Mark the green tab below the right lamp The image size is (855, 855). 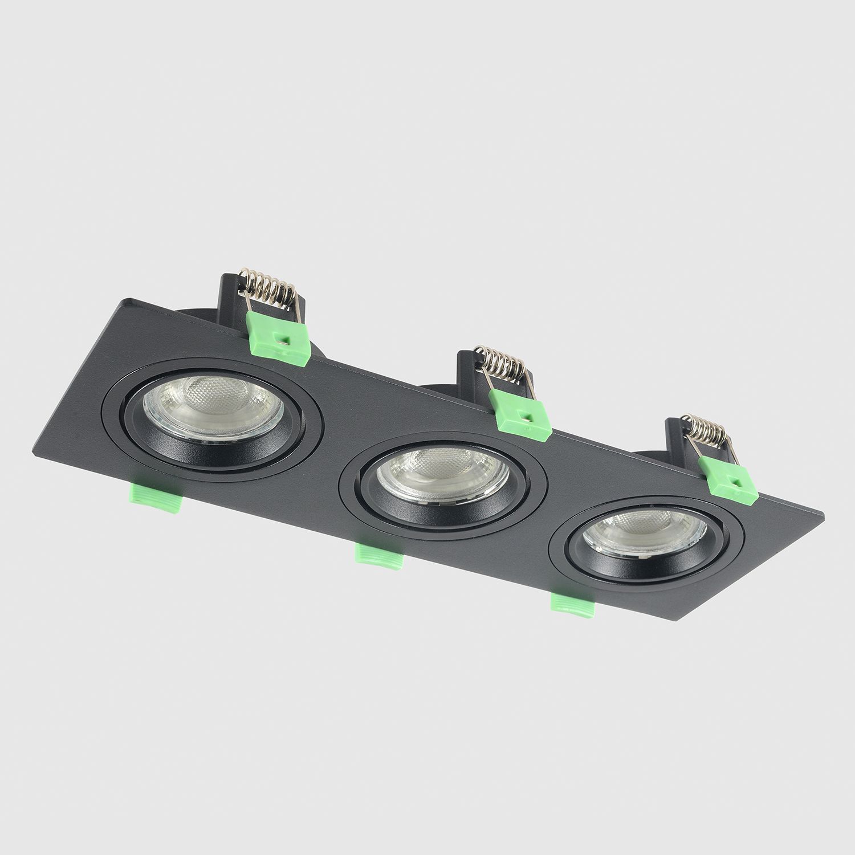click(573, 605)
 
